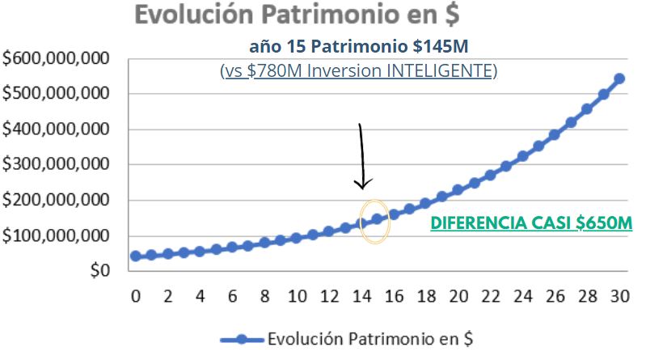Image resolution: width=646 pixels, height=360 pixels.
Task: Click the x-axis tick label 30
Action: click(619, 296)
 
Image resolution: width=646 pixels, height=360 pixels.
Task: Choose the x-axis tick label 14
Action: click(361, 296)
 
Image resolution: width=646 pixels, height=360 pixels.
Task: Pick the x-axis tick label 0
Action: click(136, 296)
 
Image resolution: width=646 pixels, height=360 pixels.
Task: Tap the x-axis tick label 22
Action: click(490, 296)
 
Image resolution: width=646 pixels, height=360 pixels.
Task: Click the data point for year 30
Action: click(619, 79)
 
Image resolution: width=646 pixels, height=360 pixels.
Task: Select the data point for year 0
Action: click(136, 256)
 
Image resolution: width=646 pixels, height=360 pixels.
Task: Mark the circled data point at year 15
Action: click(377, 219)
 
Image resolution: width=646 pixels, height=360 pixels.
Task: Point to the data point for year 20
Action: click(458, 190)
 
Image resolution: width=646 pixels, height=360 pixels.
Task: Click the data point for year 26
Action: click(555, 135)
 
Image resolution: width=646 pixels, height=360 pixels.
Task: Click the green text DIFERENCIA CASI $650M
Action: click(530, 222)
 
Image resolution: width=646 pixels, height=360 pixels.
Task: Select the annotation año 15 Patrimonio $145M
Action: click(358, 46)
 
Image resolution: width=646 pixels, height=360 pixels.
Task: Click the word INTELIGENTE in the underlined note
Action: click(441, 71)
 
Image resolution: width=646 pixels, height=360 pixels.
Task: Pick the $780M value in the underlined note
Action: click(276, 71)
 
